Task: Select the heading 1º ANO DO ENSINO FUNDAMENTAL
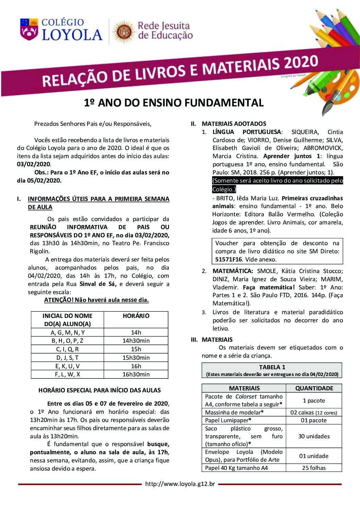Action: point(174,103)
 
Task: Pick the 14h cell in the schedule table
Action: point(136,333)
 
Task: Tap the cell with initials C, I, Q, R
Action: point(67,349)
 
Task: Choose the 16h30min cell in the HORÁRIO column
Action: point(136,374)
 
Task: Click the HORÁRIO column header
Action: point(136,316)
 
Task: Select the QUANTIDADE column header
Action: point(314,388)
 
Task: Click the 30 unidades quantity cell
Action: point(314,436)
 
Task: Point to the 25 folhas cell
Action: point(314,468)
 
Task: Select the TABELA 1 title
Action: point(272,367)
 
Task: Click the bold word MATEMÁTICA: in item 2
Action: point(233,271)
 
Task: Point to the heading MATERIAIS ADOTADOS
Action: point(234,124)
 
